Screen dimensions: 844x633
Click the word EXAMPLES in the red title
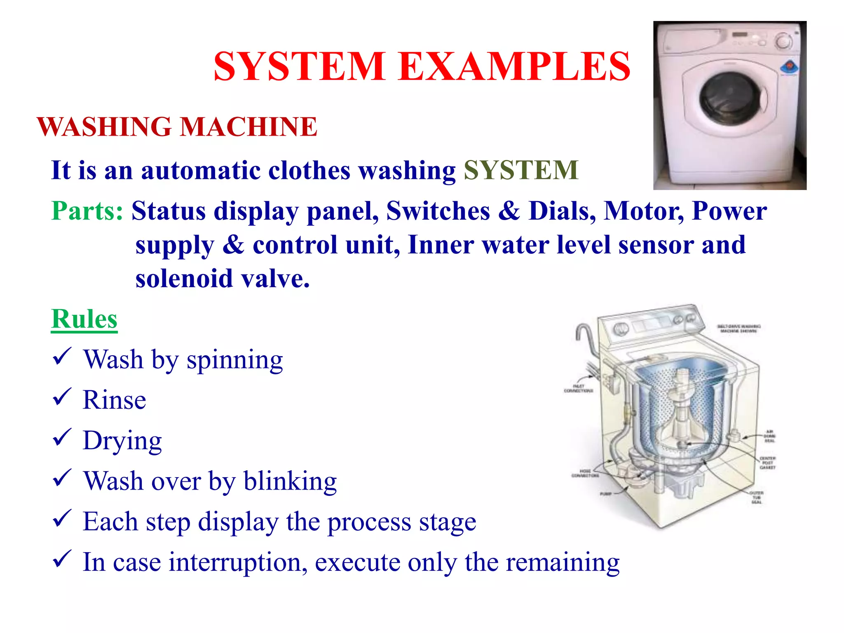[x=514, y=67]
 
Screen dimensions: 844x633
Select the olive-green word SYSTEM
[x=521, y=170]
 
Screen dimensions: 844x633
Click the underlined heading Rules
[x=84, y=319]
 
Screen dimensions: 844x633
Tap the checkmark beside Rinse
[x=62, y=397]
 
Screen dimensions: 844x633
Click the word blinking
[x=290, y=481]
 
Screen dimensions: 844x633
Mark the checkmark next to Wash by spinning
[x=62, y=357]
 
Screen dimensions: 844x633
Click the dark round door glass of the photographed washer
[x=729, y=99]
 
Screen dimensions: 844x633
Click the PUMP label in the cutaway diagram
[x=605, y=493]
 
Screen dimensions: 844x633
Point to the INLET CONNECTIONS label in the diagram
[x=578, y=388]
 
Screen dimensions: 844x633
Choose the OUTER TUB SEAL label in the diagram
[x=756, y=497]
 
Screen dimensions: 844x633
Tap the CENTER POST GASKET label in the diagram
[x=767, y=463]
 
